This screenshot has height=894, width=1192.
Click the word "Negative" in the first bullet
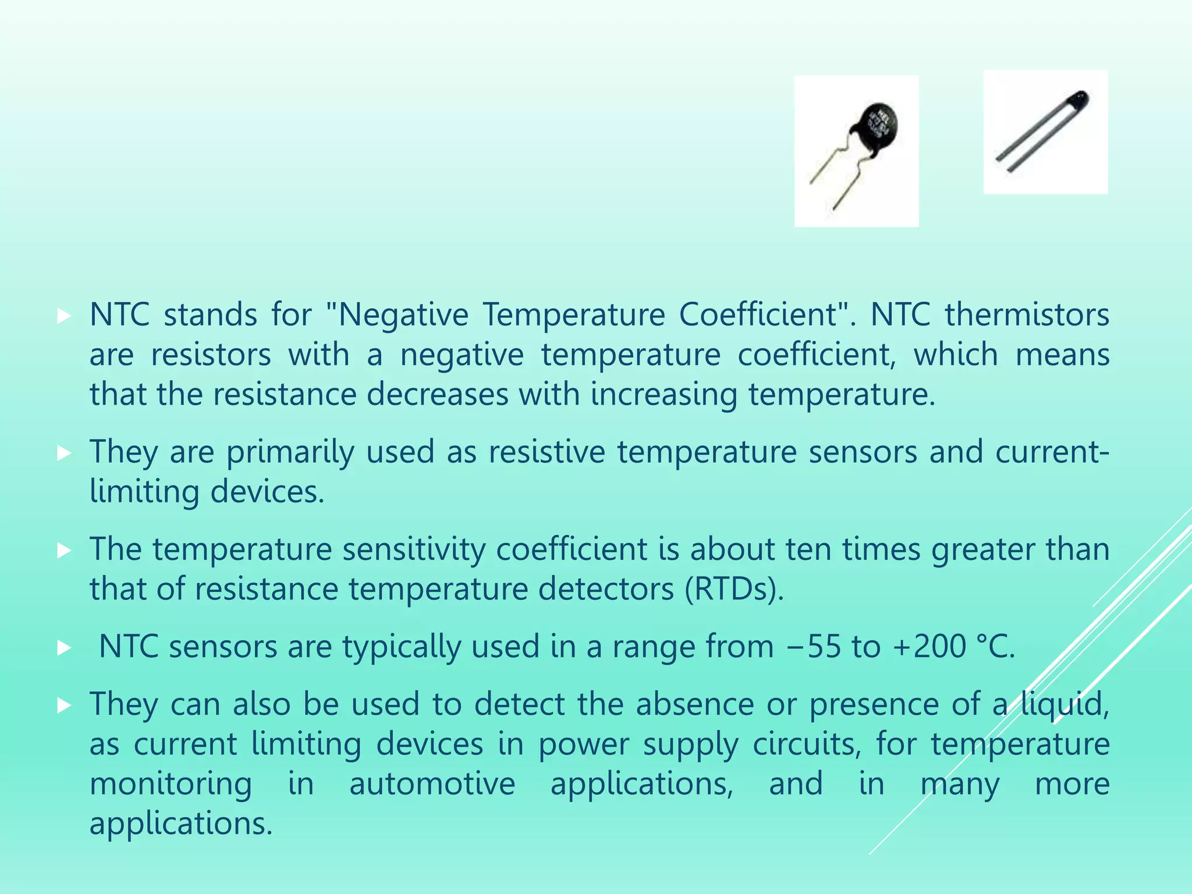coord(402,315)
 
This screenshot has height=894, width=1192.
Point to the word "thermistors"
coord(1027,315)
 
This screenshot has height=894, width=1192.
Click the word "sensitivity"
coord(414,549)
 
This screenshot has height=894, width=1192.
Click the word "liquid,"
coord(1065,704)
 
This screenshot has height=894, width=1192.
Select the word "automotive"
coord(432,783)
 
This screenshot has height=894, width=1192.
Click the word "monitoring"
coord(171,783)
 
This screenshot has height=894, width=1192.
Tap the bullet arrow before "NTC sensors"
coord(64,648)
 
